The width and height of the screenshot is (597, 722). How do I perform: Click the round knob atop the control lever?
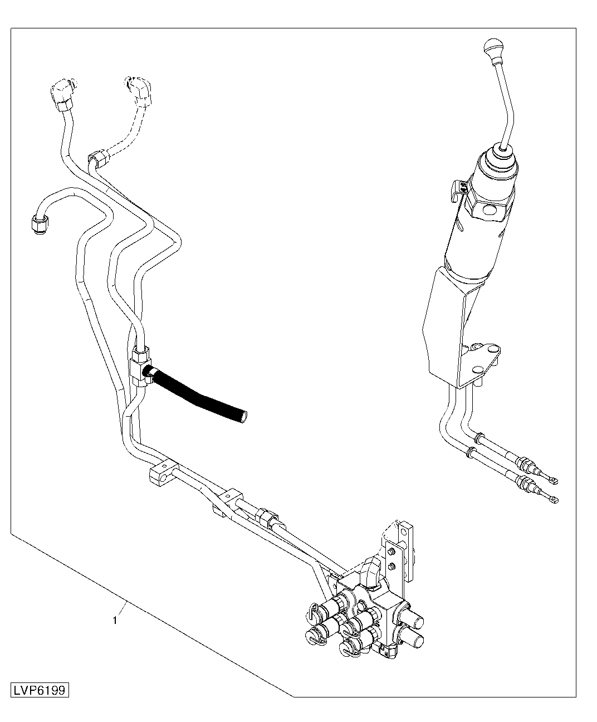[x=493, y=46]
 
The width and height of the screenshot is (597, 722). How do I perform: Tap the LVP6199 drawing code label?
[x=40, y=690]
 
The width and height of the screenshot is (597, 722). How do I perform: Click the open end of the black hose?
[x=243, y=417]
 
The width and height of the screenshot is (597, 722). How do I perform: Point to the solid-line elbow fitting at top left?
[x=63, y=94]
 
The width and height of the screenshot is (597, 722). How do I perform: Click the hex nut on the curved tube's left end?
[x=38, y=224]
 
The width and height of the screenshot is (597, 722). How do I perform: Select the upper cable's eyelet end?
[x=553, y=480]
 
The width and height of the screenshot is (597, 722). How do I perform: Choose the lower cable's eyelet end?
[x=553, y=499]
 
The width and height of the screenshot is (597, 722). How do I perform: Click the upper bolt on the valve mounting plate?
[x=392, y=551]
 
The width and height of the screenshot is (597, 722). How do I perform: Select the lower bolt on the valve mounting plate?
[x=392, y=566]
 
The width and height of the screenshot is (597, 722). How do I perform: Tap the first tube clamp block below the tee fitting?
[x=163, y=472]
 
